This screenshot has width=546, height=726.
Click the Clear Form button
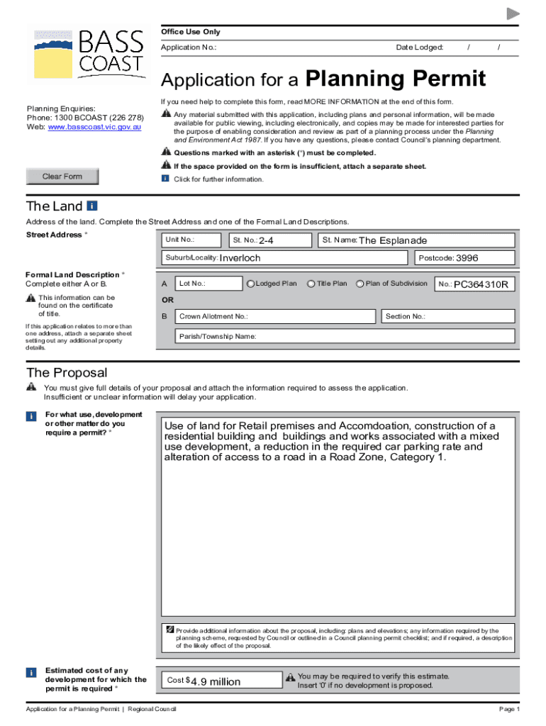[x=62, y=177]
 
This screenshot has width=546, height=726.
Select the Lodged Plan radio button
[x=250, y=284]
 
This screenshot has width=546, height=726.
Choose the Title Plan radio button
[x=311, y=284]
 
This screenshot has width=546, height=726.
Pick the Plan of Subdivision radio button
[x=360, y=284]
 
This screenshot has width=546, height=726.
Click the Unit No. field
[x=191, y=240]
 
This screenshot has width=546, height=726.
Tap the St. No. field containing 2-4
[x=269, y=240]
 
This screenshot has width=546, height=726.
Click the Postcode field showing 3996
[x=464, y=258]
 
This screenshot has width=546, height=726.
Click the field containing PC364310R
[x=474, y=284]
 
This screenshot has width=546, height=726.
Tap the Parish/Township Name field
[x=345, y=336]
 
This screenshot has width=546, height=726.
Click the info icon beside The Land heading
[x=91, y=206]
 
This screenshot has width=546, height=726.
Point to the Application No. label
[x=188, y=48]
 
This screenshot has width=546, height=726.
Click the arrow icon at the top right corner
[x=513, y=14]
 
